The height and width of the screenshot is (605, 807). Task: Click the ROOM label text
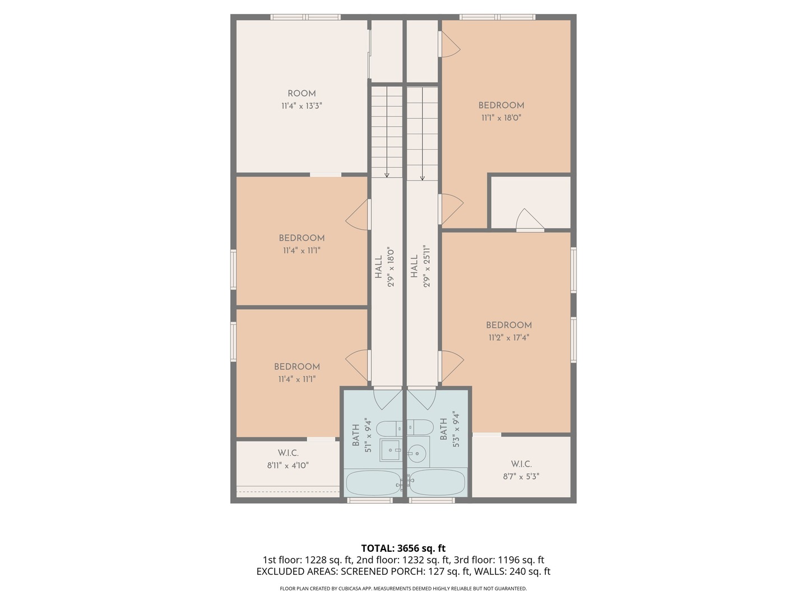302,94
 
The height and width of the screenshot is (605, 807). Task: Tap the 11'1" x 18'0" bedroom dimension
501,118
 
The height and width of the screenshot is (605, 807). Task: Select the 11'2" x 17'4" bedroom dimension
508,338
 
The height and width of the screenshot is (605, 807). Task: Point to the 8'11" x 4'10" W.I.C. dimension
287,466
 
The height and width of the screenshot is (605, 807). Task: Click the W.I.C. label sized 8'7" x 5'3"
521,464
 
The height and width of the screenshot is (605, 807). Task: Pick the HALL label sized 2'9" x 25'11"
414,266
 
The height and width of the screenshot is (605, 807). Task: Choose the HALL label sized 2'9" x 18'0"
378,266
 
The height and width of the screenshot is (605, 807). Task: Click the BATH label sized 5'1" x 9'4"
355,435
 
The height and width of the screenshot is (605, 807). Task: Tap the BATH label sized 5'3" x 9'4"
443,429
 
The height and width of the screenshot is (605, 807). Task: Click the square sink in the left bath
391,450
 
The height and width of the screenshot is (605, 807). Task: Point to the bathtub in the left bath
374,483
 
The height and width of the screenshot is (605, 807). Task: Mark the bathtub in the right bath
437,482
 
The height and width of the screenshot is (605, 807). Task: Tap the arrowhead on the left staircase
387,175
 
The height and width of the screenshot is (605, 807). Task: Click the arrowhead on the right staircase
423,178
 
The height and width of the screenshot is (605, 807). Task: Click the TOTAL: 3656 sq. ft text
403,548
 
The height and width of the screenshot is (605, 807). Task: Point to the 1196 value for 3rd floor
509,560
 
